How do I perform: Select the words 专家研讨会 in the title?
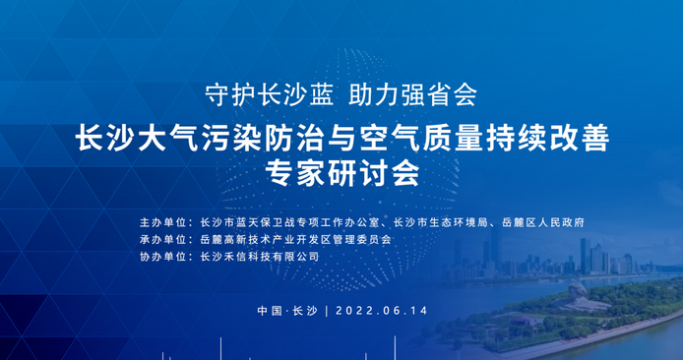[341, 172]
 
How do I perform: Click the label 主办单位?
[163, 222]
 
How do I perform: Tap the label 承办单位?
[163, 239]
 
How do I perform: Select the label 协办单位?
[163, 256]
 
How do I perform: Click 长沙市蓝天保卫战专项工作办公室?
[289, 222]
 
